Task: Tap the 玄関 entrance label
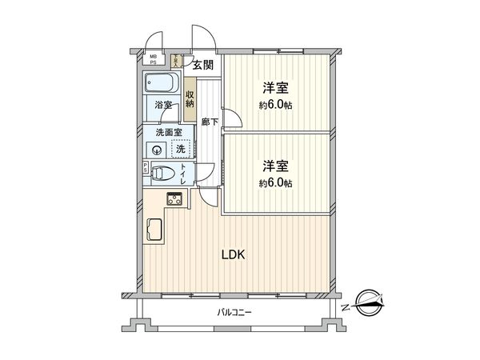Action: point(202,65)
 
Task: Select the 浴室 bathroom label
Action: point(162,105)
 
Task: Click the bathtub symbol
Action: point(163,82)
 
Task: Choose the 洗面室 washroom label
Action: point(168,132)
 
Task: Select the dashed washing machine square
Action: point(181,150)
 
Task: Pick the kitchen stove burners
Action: point(174,198)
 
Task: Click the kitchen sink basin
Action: point(154,230)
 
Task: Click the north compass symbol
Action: point(364,302)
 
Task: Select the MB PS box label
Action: point(154,59)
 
